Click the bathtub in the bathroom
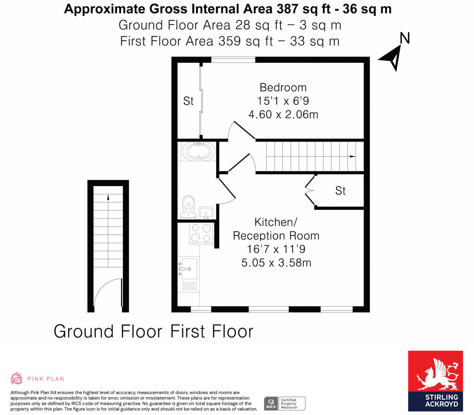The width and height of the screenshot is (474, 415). point(198,151)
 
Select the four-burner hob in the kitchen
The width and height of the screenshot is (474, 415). point(201,233)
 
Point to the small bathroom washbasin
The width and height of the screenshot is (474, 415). point(206,213)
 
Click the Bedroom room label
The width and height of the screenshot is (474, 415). point(283,87)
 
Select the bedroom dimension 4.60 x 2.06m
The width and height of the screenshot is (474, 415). point(283,114)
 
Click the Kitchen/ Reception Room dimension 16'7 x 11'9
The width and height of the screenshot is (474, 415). point(276,249)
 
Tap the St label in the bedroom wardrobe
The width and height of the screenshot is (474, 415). point(188,101)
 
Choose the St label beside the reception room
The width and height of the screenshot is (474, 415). point(340,190)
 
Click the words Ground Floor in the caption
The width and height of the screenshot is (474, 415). point(108,332)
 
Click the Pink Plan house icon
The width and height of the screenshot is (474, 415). point(17,378)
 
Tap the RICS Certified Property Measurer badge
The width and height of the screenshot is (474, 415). point(285,403)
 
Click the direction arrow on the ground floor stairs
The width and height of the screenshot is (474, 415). point(108,198)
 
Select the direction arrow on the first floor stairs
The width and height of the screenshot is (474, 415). point(353,157)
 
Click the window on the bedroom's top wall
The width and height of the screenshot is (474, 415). point(233,59)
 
